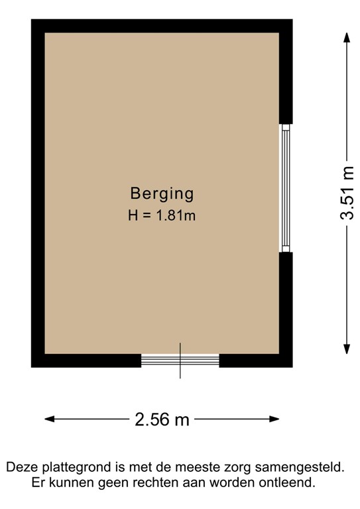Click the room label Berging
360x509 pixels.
pyautogui.click(x=162, y=194)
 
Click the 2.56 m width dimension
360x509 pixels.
pyautogui.click(x=162, y=419)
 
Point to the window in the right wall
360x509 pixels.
pyautogui.click(x=285, y=188)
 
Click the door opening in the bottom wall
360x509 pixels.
pyautogui.click(x=180, y=360)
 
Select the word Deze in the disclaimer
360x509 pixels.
pyautogui.click(x=21, y=467)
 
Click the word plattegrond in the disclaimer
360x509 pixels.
pyautogui.click(x=72, y=468)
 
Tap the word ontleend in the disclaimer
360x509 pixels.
pyautogui.click(x=290, y=482)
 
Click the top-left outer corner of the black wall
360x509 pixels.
pyautogui.click(x=32, y=21)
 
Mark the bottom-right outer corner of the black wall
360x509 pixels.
pyautogui.click(x=291, y=366)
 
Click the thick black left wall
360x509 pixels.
pyautogui.click(x=38, y=193)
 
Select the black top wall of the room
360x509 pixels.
pyautogui.click(x=162, y=26)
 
